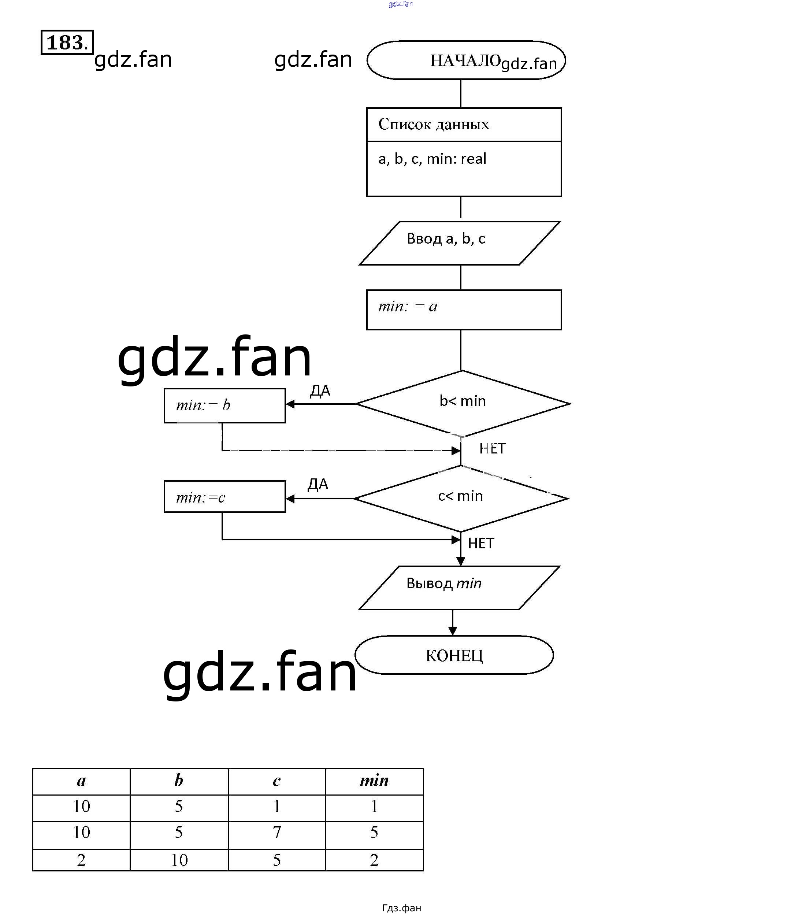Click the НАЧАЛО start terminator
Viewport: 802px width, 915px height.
[x=465, y=60]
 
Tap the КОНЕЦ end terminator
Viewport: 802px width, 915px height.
[x=454, y=655]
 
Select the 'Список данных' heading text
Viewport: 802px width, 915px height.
[x=434, y=125]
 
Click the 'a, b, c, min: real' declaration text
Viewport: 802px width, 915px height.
[x=432, y=159]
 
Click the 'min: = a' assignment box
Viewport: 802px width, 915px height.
[x=464, y=310]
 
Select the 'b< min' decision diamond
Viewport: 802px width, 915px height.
[x=462, y=403]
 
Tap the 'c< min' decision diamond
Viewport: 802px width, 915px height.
[x=461, y=498]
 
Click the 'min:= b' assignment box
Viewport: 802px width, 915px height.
[x=224, y=405]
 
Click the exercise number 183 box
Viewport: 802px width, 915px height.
[x=67, y=42]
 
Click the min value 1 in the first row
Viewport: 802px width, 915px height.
[x=374, y=807]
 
